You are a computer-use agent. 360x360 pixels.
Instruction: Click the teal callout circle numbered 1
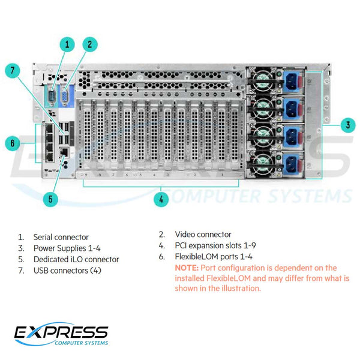[x=67, y=44]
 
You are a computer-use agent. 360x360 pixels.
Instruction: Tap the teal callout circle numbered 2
[x=89, y=44]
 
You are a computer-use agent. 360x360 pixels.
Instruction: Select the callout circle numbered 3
[x=346, y=125]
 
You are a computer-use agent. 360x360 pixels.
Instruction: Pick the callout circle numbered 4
[x=161, y=199]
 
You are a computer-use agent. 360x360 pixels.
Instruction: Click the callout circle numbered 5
[x=50, y=198]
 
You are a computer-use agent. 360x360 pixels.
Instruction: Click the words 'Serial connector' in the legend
[x=61, y=238]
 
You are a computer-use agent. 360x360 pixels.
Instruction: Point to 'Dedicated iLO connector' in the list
[x=76, y=260]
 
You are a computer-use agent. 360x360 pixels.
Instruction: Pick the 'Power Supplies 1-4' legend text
[x=66, y=248]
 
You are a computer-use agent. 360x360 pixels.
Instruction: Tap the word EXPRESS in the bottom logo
[x=62, y=332]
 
